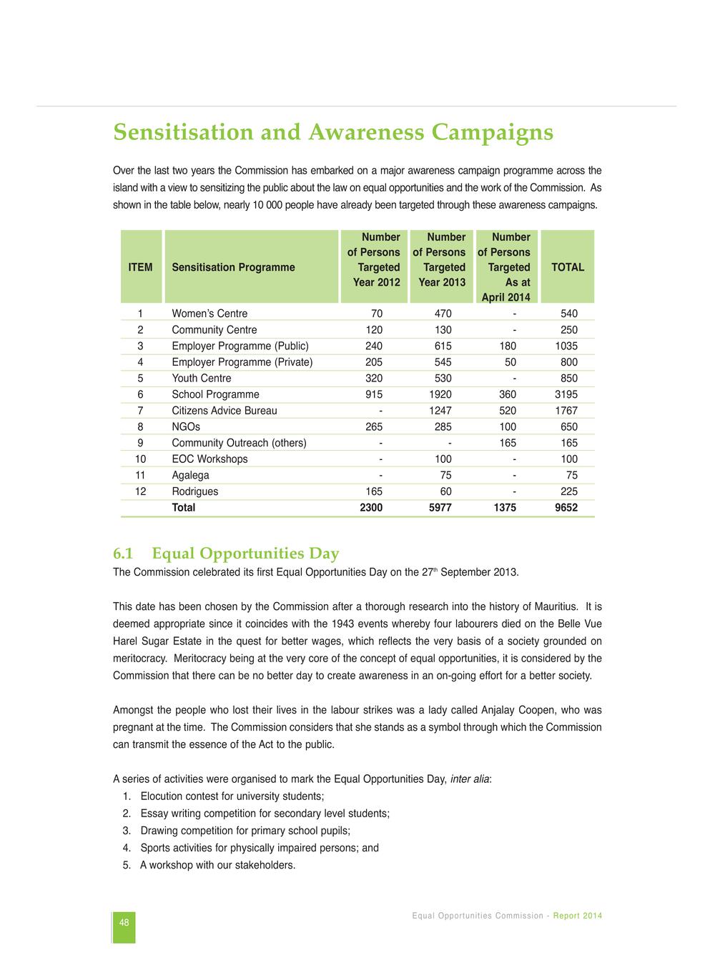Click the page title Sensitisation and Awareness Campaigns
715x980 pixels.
tap(333, 133)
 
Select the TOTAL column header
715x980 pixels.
tap(568, 267)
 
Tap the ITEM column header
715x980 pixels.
tap(140, 267)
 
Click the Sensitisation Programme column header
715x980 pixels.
tap(233, 267)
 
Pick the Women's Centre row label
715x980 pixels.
tap(209, 314)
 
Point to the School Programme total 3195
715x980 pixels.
tap(566, 394)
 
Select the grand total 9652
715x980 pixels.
tap(566, 508)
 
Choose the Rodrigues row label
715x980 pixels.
tap(194, 491)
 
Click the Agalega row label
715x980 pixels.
tap(190, 475)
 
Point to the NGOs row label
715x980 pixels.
tap(186, 427)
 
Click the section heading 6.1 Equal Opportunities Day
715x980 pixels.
tap(226, 554)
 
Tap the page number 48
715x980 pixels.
tap(124, 923)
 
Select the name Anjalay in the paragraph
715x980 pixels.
tap(500, 710)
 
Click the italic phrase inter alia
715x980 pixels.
tap(469, 779)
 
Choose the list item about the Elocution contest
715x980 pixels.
tap(232, 796)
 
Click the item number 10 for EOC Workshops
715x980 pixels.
tap(140, 459)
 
